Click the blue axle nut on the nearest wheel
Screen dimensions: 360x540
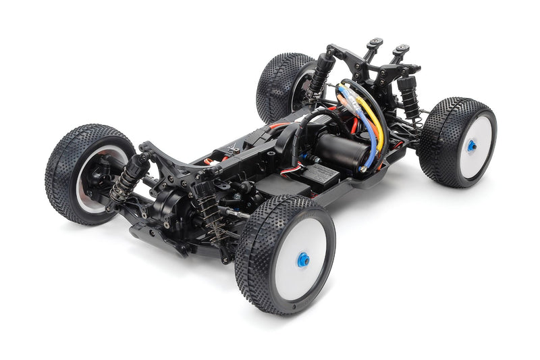304,259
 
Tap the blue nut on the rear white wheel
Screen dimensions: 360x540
471,145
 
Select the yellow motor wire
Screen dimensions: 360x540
375,122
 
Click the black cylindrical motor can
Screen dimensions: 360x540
342,149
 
